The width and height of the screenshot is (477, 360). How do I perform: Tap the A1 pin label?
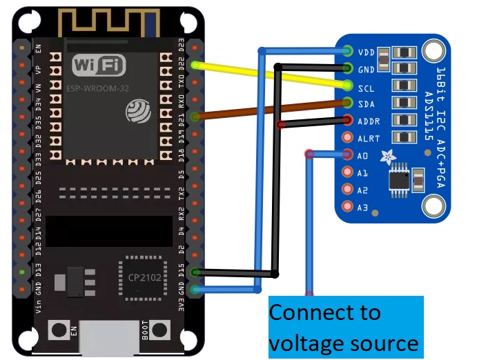point(363,173)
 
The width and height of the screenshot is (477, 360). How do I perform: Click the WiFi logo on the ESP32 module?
point(99,66)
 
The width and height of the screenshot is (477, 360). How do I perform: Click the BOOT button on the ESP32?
point(161,330)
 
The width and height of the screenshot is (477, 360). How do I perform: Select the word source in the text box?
point(385,343)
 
